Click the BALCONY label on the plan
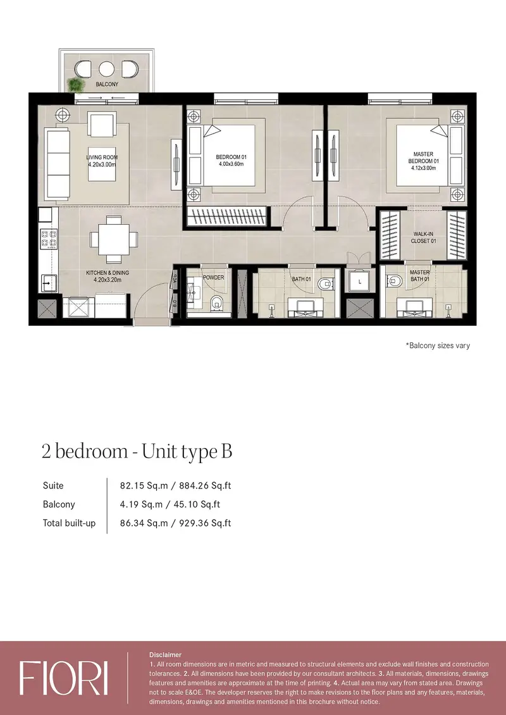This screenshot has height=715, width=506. point(107,84)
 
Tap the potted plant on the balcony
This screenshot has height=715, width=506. point(73,85)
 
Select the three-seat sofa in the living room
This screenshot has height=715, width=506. point(56,164)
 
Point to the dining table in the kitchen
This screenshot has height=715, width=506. point(113,239)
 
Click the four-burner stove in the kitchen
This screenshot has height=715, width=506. point(48,239)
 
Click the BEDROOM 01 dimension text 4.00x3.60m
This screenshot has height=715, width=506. point(231,164)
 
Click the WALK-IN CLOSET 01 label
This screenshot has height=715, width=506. point(424,237)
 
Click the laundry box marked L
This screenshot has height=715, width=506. point(360,282)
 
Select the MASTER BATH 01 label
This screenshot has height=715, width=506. point(420,275)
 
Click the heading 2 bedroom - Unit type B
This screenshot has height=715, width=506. point(137,451)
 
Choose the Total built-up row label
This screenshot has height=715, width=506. point(70,523)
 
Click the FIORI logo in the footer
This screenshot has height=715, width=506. point(64,678)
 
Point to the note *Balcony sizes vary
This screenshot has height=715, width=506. point(438,345)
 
